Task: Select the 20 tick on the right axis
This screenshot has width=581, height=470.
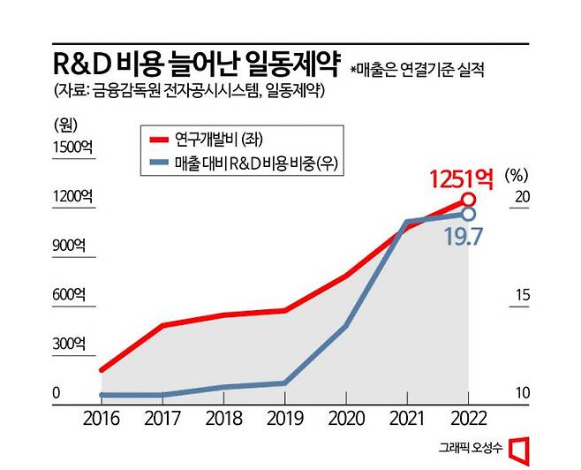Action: tap(522, 197)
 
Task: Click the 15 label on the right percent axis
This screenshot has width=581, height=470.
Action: tap(522, 295)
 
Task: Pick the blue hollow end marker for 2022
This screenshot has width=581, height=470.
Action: tap(469, 214)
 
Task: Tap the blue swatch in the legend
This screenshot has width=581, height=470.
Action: tap(160, 163)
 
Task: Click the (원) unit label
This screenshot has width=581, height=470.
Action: tap(66, 125)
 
